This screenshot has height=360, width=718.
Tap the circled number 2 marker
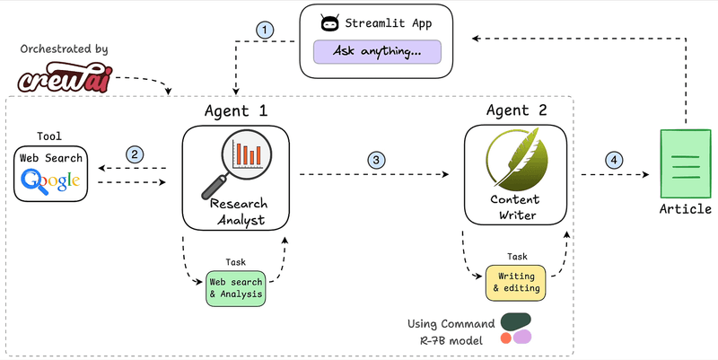point(135,154)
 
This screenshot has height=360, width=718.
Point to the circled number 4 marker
point(614,160)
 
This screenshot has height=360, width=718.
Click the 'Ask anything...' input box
point(378,51)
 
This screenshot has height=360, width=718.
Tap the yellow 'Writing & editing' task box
point(515,282)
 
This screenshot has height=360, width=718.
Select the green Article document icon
point(686,162)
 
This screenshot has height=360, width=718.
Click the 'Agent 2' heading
point(515,111)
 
